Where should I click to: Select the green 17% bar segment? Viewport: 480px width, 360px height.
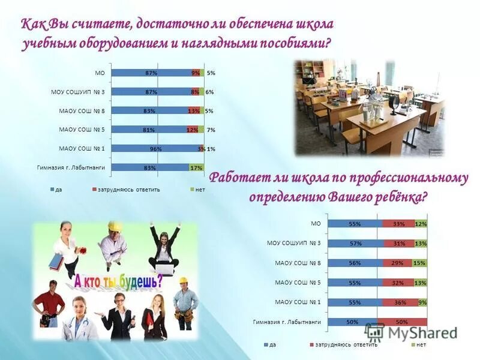click(196, 167)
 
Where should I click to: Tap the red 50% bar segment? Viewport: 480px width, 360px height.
click(402, 322)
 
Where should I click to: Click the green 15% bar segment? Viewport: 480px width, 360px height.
click(419, 263)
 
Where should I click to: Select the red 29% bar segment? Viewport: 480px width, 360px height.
click(397, 263)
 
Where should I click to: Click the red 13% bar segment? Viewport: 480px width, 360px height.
click(193, 111)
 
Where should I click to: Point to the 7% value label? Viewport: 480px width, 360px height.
click(211, 130)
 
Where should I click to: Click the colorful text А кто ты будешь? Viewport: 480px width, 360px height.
click(118, 281)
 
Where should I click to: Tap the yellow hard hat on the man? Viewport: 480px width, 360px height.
click(115, 227)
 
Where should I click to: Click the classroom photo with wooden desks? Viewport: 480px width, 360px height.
click(368, 107)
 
